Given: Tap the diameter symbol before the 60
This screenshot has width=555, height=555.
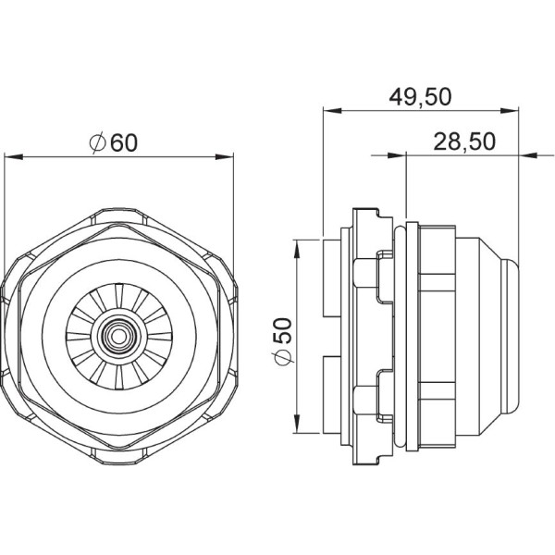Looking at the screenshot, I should click(x=99, y=143).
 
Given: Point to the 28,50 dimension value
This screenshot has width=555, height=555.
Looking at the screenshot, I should click(x=464, y=141).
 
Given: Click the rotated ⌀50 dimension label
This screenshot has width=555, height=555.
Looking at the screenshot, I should click(x=284, y=336).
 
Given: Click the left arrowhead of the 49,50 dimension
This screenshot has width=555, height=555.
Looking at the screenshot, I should click(x=328, y=110).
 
